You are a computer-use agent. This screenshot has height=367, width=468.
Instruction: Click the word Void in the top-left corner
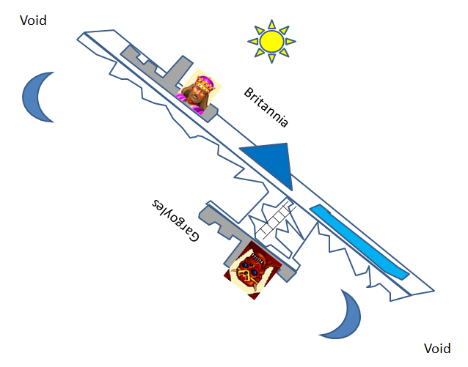pos(33,21)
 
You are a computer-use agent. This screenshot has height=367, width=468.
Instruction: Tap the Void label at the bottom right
pos(438,349)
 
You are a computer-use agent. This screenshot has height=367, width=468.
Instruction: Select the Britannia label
pos(266,108)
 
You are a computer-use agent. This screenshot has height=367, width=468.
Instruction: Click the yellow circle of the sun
pos(271,41)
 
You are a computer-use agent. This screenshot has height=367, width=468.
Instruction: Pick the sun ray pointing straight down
pos(271,61)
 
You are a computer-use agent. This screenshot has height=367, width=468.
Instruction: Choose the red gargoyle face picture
pos(253,268)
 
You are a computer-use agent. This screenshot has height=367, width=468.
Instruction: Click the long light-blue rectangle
pos(359,242)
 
